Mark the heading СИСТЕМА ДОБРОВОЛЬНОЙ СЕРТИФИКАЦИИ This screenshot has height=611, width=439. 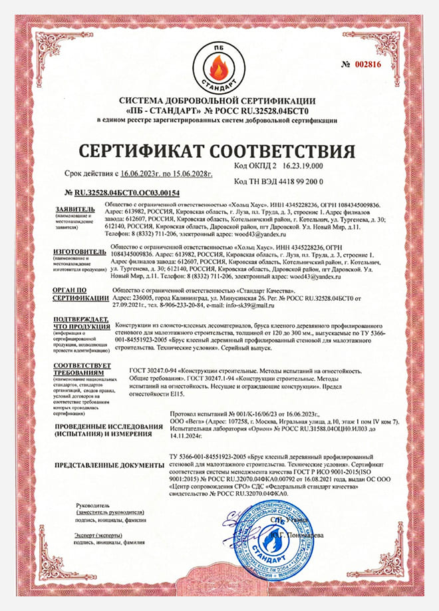click(x=219, y=101)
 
